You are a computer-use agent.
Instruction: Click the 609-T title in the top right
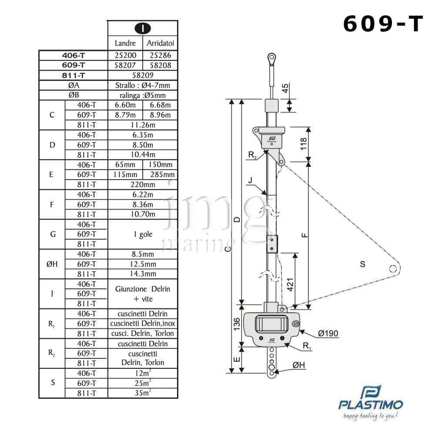click(383, 24)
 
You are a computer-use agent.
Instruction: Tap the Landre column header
click(125, 43)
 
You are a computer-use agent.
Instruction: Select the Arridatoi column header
click(161, 43)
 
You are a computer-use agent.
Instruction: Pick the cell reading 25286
click(161, 55)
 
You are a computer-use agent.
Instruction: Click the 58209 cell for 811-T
click(143, 75)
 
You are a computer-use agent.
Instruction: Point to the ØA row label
click(74, 85)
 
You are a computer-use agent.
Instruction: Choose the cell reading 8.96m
click(161, 115)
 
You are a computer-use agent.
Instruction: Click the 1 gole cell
click(143, 234)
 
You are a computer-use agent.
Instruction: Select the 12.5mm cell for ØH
click(143, 264)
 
